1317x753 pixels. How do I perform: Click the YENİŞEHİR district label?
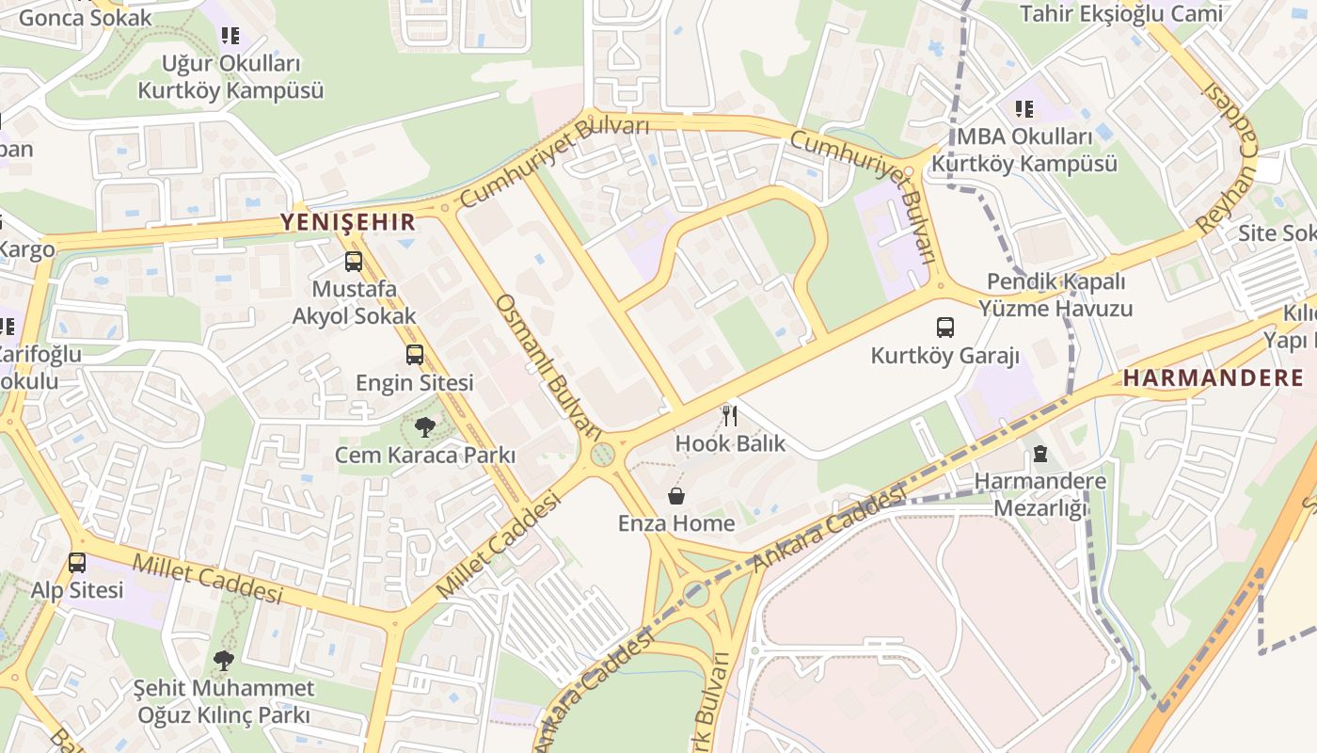click(348, 222)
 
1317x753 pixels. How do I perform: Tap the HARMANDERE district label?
click(1214, 378)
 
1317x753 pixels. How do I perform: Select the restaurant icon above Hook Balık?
click(728, 415)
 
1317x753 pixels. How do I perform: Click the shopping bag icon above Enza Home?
click(675, 496)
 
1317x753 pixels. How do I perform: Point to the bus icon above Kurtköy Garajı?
click(944, 328)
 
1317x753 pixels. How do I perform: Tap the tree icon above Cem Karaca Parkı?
click(424, 428)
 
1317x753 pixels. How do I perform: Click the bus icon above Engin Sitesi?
click(415, 355)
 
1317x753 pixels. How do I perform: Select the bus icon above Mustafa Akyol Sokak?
click(354, 262)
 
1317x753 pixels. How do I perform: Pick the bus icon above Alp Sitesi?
click(77, 563)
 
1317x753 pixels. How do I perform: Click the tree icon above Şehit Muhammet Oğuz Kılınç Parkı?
click(223, 661)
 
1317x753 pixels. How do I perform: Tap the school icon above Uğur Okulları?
click(230, 36)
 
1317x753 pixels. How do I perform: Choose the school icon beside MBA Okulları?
click(1023, 109)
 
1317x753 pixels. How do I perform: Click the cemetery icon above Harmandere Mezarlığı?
click(1039, 454)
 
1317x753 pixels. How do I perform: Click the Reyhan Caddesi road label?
click(1229, 155)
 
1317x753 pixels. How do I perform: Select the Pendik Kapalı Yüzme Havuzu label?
click(1055, 295)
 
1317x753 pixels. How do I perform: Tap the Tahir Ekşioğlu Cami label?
click(1120, 13)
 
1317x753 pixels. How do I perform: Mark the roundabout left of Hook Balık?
click(602, 455)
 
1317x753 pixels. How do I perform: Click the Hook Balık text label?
click(730, 443)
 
